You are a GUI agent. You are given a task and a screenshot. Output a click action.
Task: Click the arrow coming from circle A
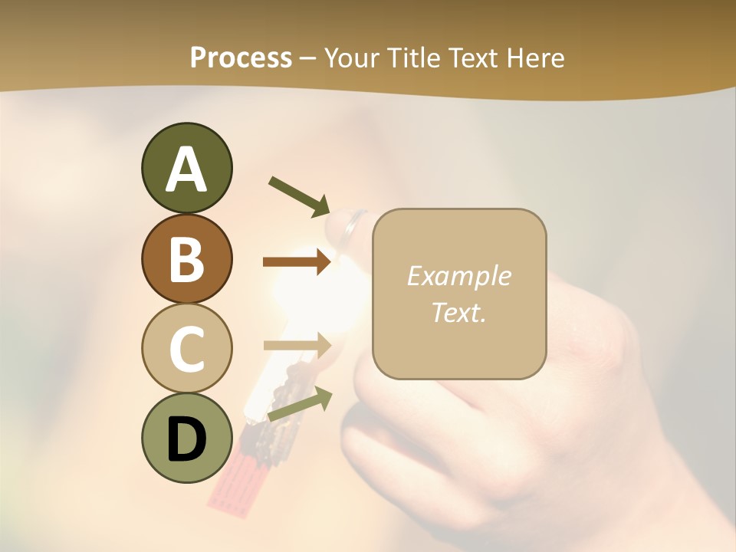(298, 195)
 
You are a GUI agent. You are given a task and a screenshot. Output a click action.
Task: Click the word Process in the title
(241, 58)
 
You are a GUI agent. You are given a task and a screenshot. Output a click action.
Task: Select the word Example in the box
(458, 276)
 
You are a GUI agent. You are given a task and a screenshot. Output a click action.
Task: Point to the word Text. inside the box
(458, 312)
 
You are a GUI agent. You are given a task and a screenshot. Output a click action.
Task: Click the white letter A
(187, 169)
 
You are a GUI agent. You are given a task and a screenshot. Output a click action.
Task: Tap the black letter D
(187, 439)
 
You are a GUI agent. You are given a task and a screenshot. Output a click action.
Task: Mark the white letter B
(187, 258)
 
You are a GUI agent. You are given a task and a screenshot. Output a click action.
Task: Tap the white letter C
(187, 349)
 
